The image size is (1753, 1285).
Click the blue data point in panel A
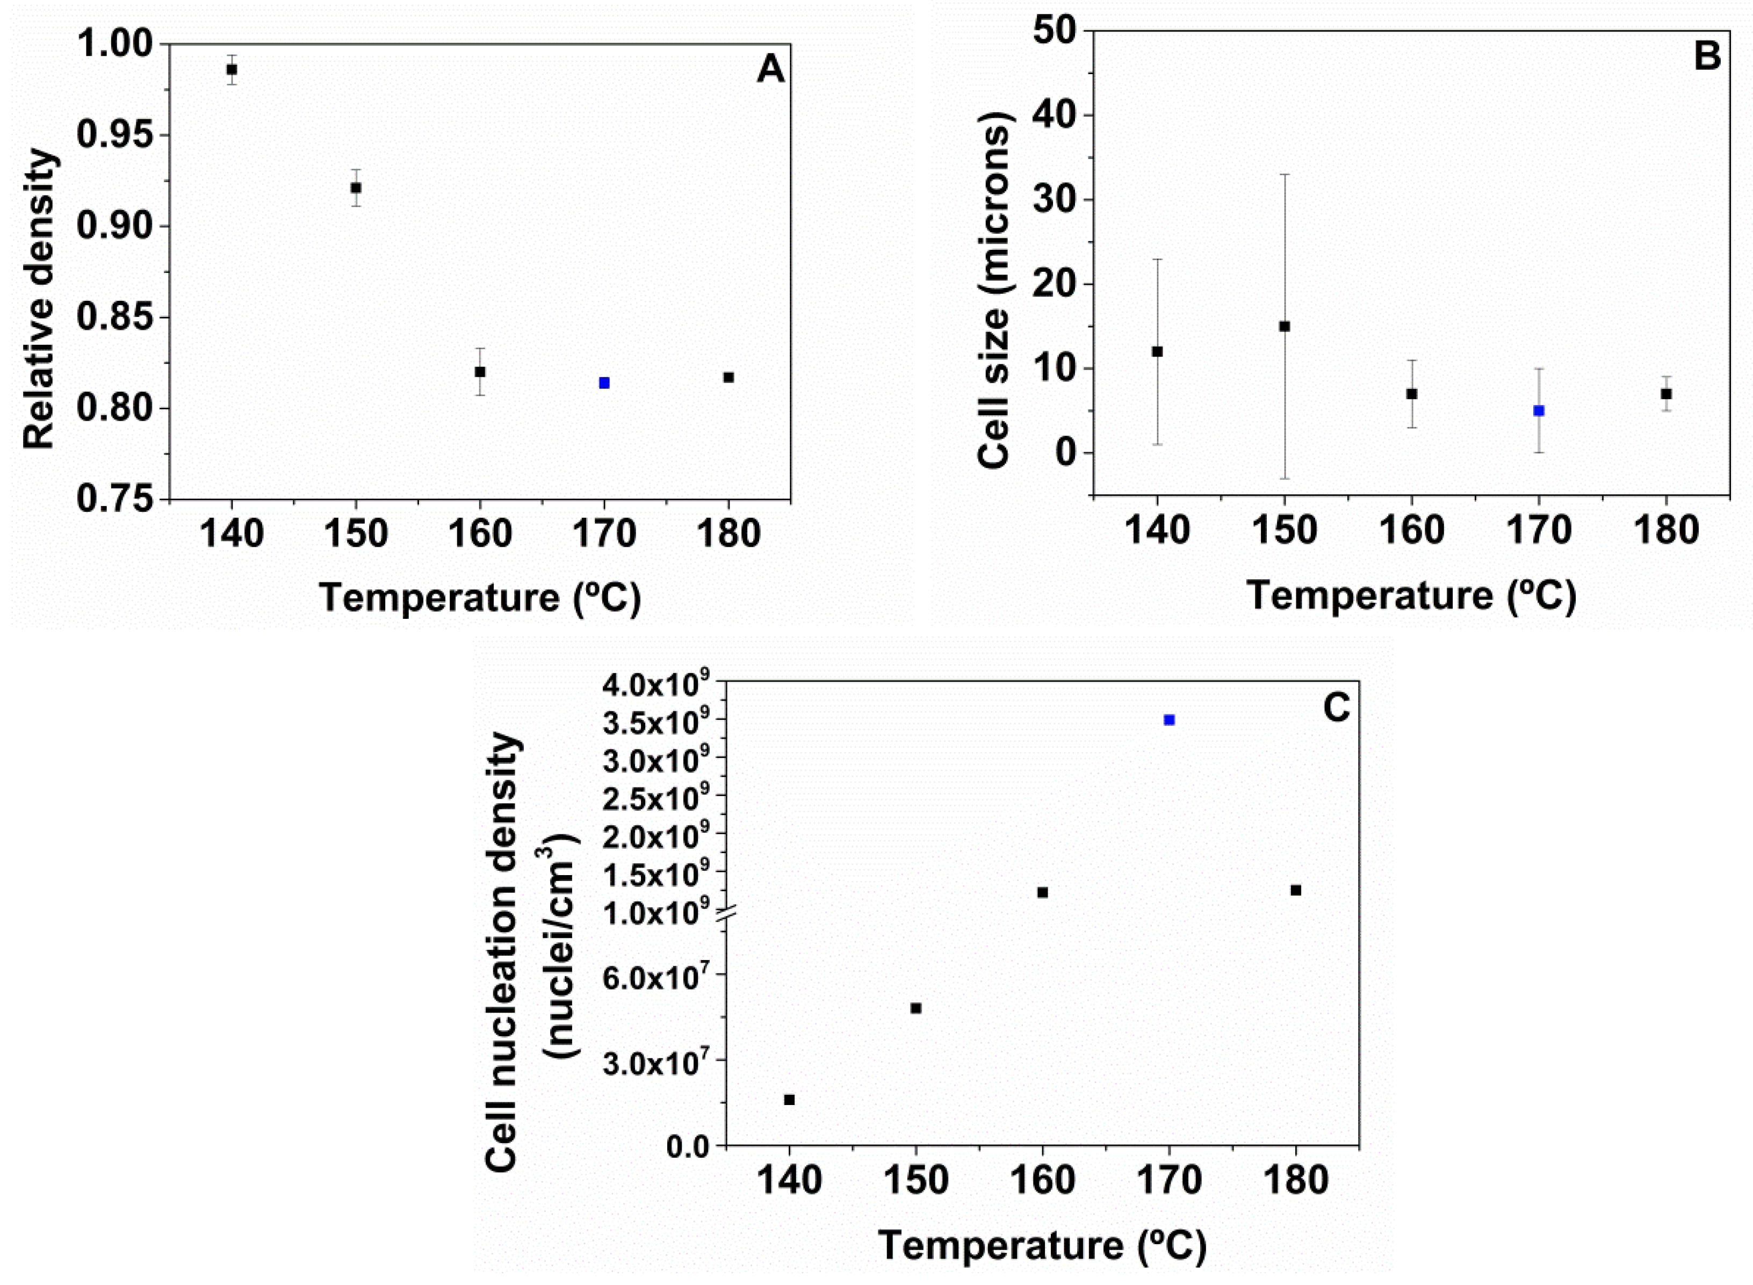click(x=604, y=382)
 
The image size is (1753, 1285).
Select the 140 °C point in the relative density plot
click(x=232, y=69)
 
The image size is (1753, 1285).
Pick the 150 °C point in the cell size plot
click(x=1285, y=326)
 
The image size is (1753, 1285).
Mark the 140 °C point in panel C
click(x=789, y=1100)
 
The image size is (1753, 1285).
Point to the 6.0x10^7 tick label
click(x=658, y=976)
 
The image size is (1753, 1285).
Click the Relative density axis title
click(x=40, y=299)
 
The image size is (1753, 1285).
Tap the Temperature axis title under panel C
click(x=1042, y=1245)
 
